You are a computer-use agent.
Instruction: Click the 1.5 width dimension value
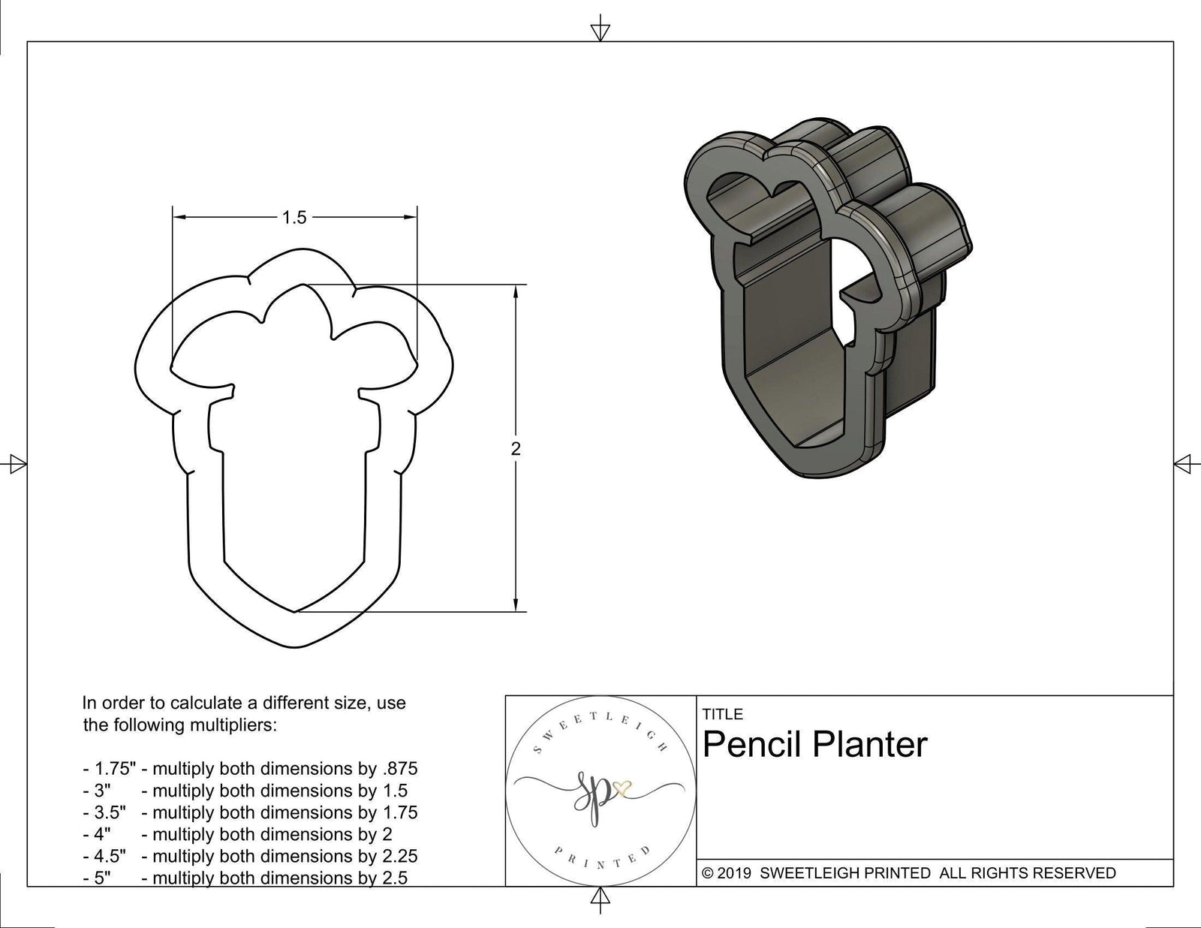(294, 218)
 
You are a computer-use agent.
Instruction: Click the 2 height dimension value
(515, 449)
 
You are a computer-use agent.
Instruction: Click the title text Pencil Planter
(815, 745)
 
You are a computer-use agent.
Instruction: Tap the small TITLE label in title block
(722, 714)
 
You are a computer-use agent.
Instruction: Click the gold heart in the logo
(622, 788)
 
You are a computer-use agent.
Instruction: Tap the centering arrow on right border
(1184, 464)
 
